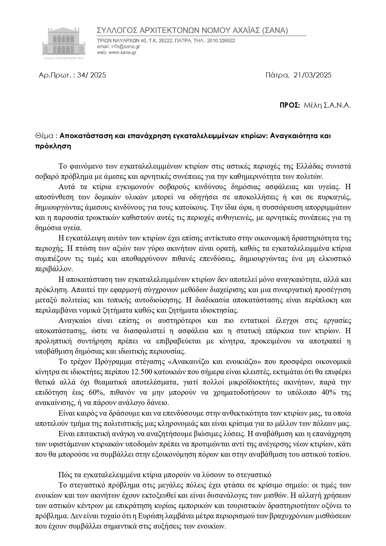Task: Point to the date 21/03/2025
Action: pyautogui.click(x=312, y=75)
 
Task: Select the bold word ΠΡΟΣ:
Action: pyautogui.click(x=290, y=105)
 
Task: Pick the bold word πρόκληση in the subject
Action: pyautogui.click(x=53, y=146)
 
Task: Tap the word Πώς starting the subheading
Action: pyautogui.click(x=64, y=475)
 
